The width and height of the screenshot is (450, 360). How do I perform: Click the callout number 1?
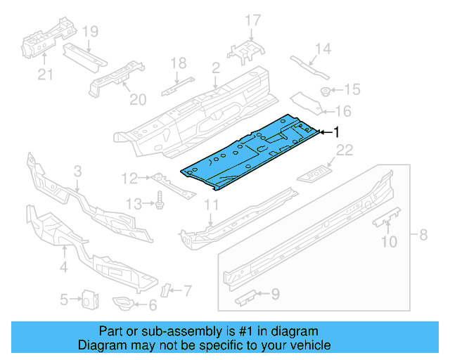coord(336,131)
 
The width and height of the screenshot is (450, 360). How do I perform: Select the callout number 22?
coord(344,150)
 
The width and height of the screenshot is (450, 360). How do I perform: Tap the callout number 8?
coord(423,234)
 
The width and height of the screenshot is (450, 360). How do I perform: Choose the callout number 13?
coord(133,204)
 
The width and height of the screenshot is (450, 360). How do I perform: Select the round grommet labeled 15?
coord(326,91)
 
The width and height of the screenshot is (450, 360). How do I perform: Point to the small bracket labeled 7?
coord(167,289)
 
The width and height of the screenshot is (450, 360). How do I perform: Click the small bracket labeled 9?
coord(245,297)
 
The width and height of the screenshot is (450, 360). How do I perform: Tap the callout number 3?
coord(77,171)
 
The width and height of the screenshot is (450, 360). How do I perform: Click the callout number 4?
coord(64,266)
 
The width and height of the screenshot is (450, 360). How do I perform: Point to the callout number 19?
coord(89,31)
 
